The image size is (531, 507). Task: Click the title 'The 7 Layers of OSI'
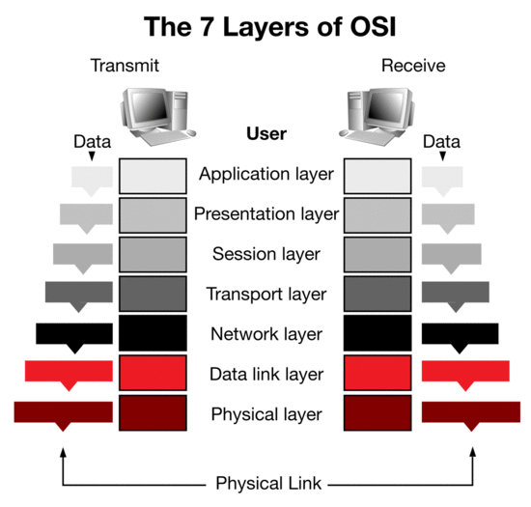pos(270,27)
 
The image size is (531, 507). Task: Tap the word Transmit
pos(125,66)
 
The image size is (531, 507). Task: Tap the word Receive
pos(413,66)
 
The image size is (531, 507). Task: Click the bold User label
pos(266,133)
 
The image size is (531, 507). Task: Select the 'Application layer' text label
pos(266,175)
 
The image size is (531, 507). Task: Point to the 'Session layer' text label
pos(266,254)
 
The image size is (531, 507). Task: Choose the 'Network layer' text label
pos(266,334)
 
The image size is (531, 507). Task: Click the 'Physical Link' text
pos(268,483)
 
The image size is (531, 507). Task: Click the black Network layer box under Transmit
pos(153,333)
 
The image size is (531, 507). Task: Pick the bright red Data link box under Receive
pos(377,373)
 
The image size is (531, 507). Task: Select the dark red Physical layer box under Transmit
pos(153,413)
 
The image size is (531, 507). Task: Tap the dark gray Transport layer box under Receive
pos(377,294)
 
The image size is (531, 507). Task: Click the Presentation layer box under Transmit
pos(153,215)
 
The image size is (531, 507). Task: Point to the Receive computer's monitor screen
pos(384,108)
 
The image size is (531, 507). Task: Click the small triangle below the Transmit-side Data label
pos(92,155)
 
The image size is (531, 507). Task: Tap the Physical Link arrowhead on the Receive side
pos(473,452)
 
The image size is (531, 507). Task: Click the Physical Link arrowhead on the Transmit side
pos(63,452)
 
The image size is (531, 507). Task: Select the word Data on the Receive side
pos(441,142)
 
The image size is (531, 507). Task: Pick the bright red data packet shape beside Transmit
pos(69,374)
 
